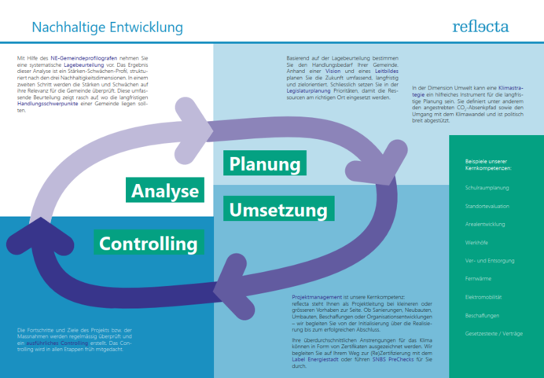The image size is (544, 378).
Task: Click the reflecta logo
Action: point(480,26)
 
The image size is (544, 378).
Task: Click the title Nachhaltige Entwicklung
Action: point(107,28)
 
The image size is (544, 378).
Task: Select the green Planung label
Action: point(265,164)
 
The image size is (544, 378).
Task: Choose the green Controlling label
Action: point(149,243)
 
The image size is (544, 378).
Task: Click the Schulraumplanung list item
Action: point(487,189)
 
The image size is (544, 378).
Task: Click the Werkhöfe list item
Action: point(477,243)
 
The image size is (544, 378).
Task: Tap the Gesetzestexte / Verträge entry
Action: point(492,333)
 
